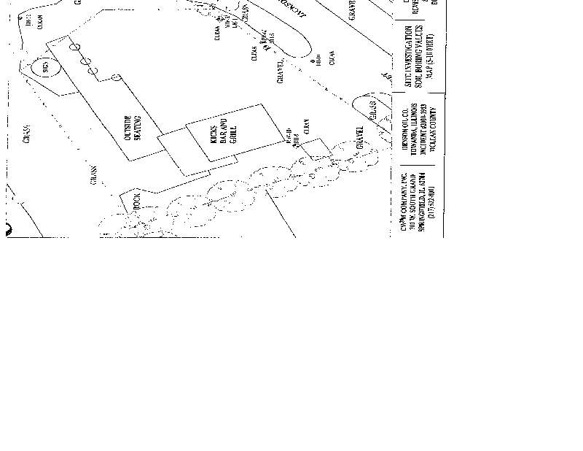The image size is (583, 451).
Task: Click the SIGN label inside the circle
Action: [44, 68]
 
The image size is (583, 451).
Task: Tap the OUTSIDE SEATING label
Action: [132, 128]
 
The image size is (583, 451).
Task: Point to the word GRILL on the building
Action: [233, 134]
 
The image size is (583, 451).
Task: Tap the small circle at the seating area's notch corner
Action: [116, 77]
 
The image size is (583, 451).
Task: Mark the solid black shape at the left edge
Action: [9, 229]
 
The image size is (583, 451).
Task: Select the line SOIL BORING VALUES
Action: [419, 58]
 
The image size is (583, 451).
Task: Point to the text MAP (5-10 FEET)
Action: [430, 58]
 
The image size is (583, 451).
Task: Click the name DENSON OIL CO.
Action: [405, 132]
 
